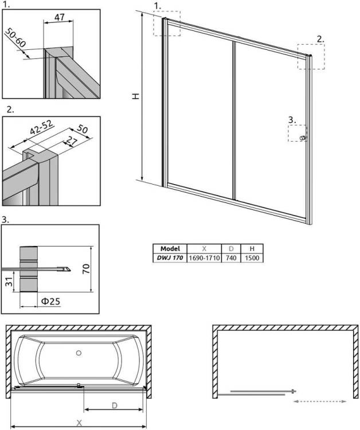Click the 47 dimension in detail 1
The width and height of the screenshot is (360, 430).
(59, 17)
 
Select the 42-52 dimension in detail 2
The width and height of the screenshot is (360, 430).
(41, 127)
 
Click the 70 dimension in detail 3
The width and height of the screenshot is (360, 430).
(86, 268)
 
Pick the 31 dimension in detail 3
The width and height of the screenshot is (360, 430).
(9, 282)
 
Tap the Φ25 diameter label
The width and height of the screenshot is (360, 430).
(50, 302)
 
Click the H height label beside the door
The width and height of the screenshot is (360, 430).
(136, 96)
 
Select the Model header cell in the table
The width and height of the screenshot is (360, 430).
(170, 248)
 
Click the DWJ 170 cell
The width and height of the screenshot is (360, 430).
(170, 258)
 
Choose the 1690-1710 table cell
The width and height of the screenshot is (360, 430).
(204, 258)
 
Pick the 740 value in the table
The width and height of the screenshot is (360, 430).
(231, 258)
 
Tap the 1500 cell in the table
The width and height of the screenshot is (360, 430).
(252, 258)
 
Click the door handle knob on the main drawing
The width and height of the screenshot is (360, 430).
(303, 138)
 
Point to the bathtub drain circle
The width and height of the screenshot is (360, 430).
(79, 353)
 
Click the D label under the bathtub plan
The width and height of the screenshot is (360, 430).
(115, 405)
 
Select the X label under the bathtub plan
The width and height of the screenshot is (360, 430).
(79, 423)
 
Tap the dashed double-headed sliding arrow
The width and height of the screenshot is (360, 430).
(320, 401)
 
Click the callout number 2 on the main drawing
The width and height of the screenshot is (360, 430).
(320, 39)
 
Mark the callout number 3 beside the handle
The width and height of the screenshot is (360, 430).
(292, 120)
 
